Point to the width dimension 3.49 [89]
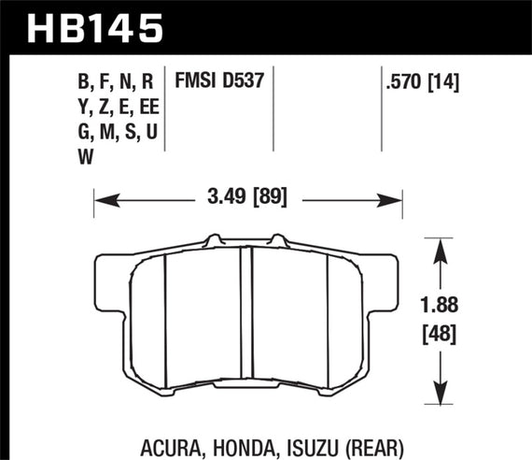(x=246, y=197)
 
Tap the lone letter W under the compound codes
(x=86, y=158)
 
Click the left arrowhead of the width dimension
(x=101, y=197)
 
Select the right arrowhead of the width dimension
(x=395, y=197)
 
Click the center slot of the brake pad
(x=247, y=318)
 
